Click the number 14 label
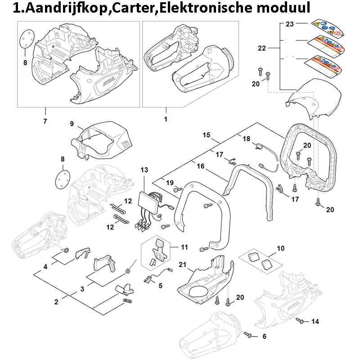(x=315, y=321)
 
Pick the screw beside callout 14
(x=301, y=321)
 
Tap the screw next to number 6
(x=248, y=334)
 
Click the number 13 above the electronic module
(x=144, y=170)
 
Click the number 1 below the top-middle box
(x=166, y=120)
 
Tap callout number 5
(x=161, y=285)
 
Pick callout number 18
(x=247, y=139)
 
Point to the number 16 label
(x=201, y=166)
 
